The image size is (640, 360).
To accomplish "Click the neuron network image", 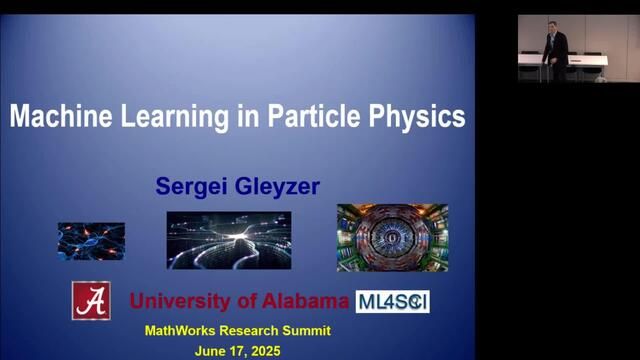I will coord(91,241).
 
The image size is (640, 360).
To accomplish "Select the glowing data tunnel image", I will coord(228,240).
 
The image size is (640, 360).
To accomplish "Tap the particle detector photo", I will coord(392,237).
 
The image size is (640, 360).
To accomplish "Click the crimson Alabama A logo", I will coord(91,300).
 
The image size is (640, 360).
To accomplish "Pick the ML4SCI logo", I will coord(392,301).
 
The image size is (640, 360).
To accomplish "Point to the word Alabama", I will coord(301,301).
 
